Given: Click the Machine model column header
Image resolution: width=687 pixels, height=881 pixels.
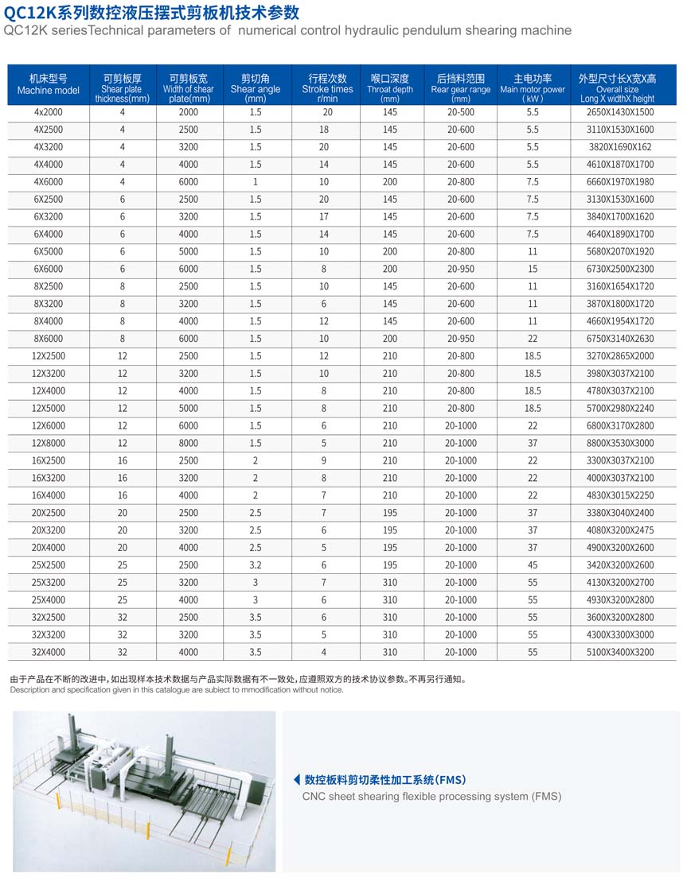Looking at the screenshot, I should (x=49, y=84).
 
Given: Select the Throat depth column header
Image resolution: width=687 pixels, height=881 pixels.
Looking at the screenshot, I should (x=390, y=84).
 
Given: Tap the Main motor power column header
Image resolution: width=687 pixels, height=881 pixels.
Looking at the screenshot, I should (x=533, y=84).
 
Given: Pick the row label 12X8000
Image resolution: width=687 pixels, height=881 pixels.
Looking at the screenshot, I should (x=49, y=443).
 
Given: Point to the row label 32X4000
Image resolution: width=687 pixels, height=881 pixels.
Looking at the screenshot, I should (x=49, y=652).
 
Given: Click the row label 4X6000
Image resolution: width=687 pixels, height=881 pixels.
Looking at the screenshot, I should (x=49, y=181).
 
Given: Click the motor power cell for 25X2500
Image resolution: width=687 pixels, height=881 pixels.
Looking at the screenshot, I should (x=533, y=565).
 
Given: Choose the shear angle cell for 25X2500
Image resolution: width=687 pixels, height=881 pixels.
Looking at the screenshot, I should (x=256, y=565).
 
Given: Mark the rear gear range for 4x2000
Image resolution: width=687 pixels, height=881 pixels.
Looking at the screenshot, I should (x=460, y=112).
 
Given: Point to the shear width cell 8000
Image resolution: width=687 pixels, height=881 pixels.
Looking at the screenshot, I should (x=189, y=443).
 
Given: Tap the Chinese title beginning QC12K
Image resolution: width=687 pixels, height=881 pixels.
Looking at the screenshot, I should (x=151, y=12).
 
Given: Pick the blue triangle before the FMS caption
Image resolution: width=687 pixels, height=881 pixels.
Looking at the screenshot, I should (x=297, y=779).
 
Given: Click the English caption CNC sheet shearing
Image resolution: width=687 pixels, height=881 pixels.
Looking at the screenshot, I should (x=431, y=796).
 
